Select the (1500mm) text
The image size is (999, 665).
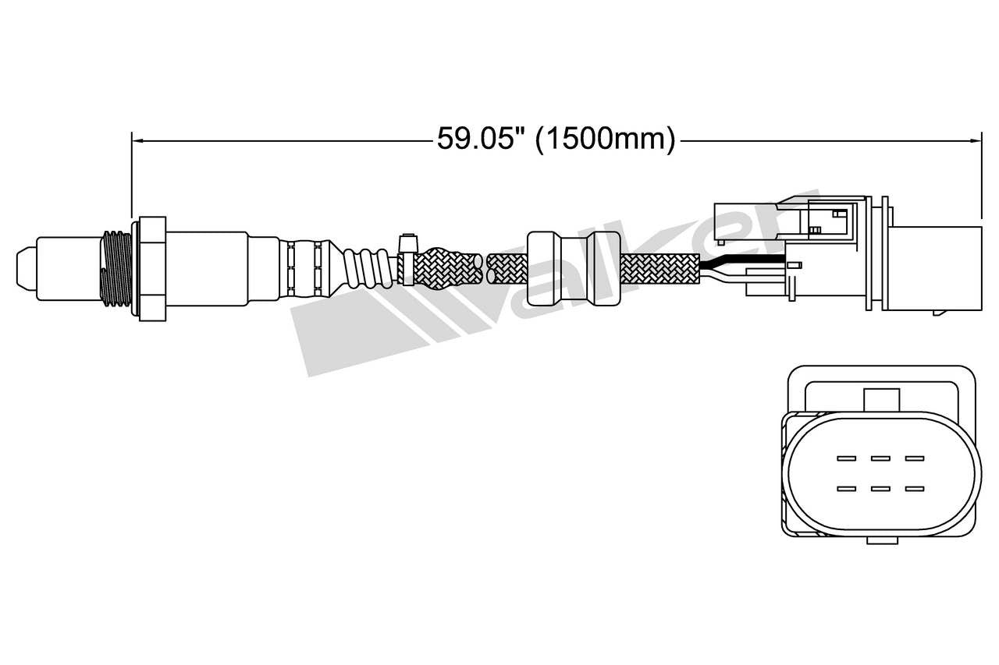606,140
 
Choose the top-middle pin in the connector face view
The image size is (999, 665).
880,458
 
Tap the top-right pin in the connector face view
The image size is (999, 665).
914,458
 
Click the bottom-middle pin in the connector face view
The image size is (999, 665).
880,489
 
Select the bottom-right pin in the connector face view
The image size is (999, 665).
914,489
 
